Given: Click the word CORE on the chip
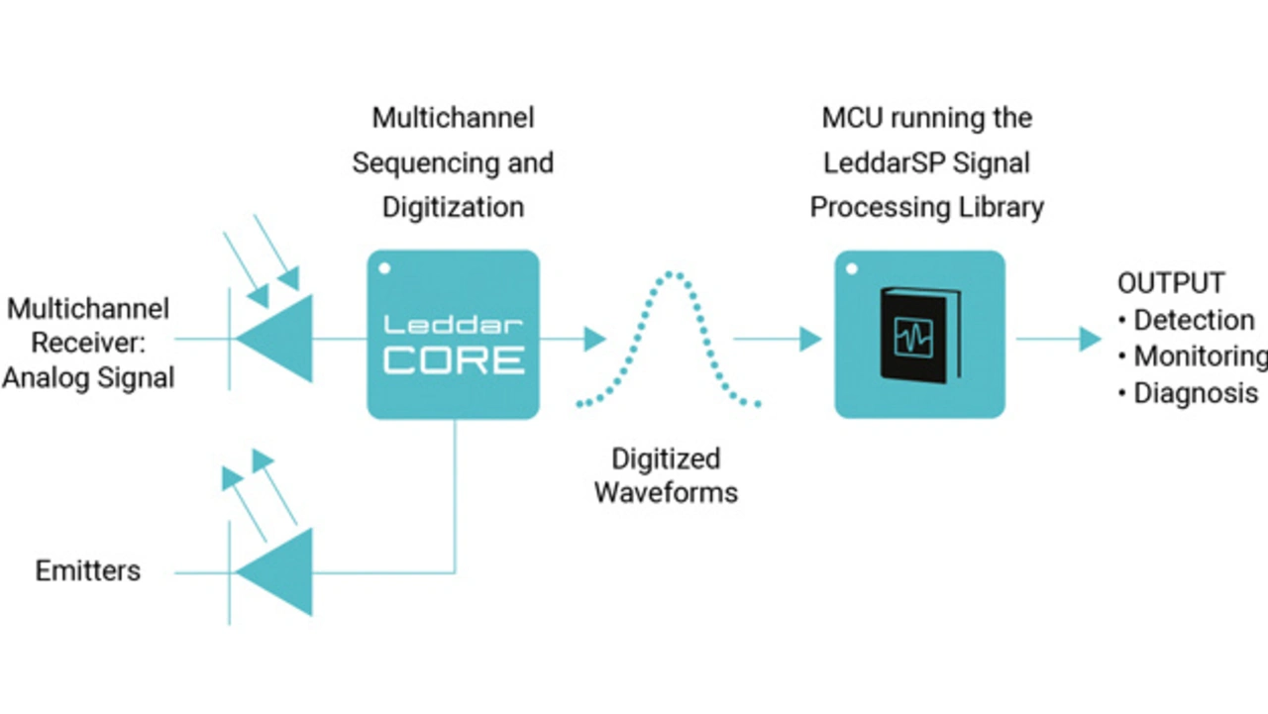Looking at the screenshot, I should tap(454, 358).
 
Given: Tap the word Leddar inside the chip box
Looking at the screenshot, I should tap(454, 324).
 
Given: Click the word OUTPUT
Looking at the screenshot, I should tap(1171, 283).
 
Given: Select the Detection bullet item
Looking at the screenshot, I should tap(1194, 320).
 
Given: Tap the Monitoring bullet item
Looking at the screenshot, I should tap(1200, 357).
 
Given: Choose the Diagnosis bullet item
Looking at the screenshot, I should tap(1195, 393).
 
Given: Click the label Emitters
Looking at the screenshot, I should tap(88, 571).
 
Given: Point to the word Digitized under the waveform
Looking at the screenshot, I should tap(666, 459).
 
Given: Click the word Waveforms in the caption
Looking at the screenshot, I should tap(666, 492).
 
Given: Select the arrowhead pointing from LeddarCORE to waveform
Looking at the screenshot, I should tap(594, 339).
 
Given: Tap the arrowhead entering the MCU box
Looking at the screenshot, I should tap(811, 339).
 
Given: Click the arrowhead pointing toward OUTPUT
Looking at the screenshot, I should tap(1090, 339).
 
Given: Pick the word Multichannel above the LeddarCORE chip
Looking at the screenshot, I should tap(453, 118).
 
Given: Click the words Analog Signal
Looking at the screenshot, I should tap(88, 377).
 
